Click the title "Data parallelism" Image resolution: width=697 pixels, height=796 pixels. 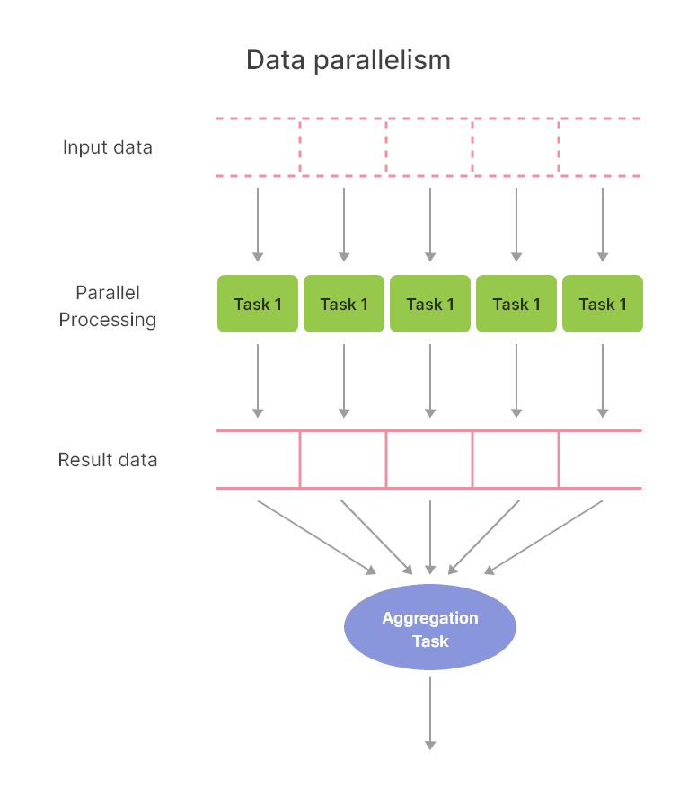click(348, 60)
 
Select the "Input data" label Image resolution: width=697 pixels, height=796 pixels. click(108, 147)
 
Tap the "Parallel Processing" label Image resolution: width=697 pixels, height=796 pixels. click(108, 306)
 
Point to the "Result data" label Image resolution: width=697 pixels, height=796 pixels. click(108, 460)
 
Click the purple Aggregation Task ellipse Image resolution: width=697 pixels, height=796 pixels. click(430, 627)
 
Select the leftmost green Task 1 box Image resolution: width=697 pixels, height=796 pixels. click(258, 304)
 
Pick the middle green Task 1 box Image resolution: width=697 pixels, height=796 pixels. click(430, 304)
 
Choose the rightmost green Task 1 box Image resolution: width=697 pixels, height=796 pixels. click(603, 304)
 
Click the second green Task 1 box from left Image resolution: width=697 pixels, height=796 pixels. click(344, 304)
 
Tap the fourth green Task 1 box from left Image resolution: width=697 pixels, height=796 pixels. click(516, 304)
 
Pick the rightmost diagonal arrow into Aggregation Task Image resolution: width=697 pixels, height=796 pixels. click(544, 536)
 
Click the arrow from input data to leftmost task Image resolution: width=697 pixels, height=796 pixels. click(258, 224)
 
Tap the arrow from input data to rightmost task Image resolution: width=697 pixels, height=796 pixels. click(603, 224)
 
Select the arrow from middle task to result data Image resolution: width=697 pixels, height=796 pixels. click(430, 380)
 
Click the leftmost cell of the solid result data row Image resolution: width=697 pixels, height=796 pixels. click(259, 460)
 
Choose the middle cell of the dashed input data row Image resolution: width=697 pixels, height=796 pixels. click(430, 147)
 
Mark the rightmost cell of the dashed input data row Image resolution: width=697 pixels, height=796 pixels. click(600, 147)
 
